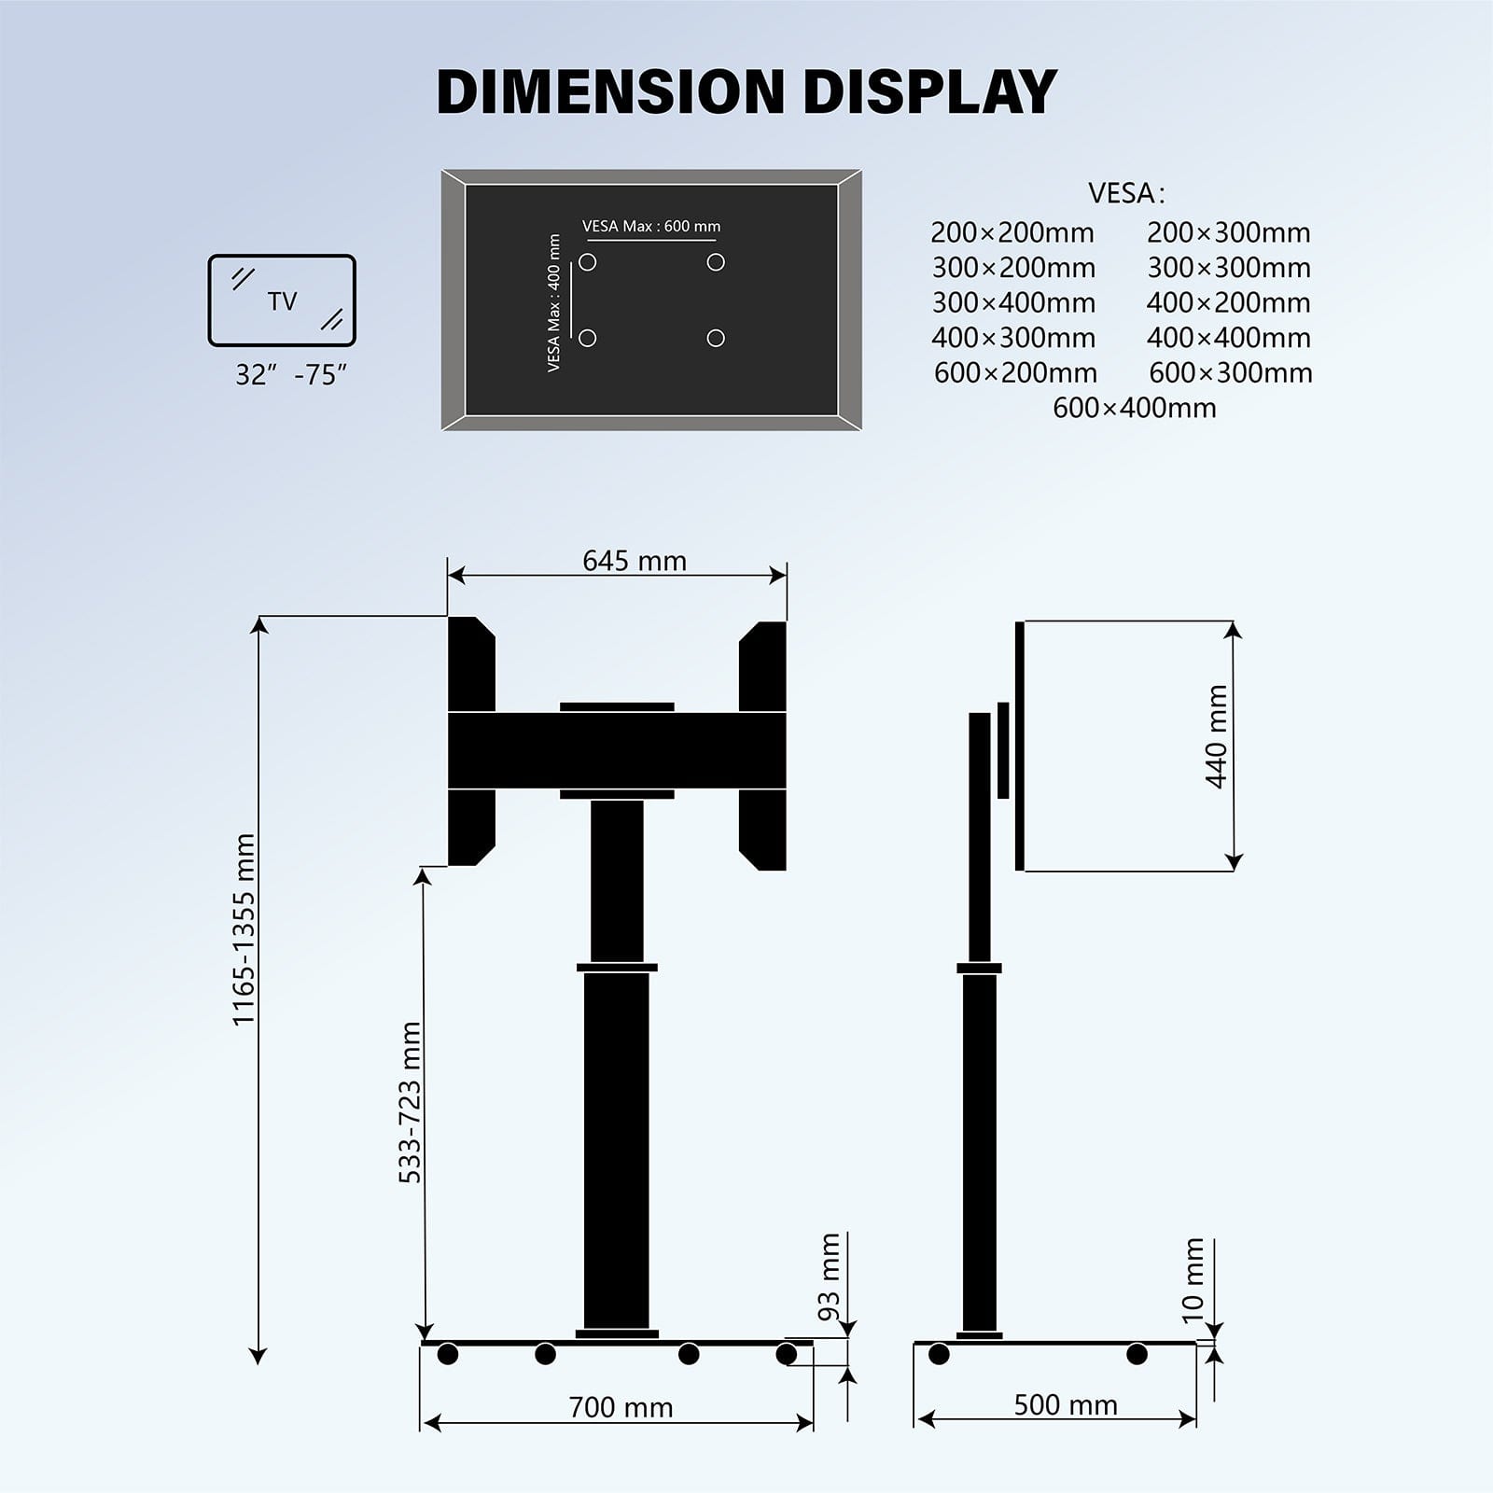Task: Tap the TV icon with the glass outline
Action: click(x=282, y=300)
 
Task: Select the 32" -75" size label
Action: click(x=291, y=375)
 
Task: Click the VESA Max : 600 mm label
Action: click(x=651, y=227)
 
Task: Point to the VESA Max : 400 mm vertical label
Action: click(x=554, y=303)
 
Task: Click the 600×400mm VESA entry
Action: click(x=1135, y=408)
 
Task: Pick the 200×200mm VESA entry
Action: click(x=1012, y=232)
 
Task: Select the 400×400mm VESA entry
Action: click(x=1229, y=338)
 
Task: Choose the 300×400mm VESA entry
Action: click(x=1013, y=302)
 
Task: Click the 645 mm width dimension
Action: click(x=635, y=561)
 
